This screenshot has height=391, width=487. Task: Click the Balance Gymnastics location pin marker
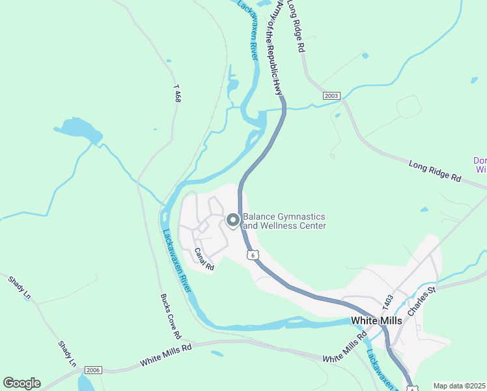click(232, 221)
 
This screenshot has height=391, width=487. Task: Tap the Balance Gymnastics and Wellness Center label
click(284, 222)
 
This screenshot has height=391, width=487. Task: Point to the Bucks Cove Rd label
click(170, 316)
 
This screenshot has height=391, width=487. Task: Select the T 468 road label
click(176, 93)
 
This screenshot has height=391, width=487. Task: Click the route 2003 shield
click(331, 96)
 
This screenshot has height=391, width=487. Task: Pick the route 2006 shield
click(94, 369)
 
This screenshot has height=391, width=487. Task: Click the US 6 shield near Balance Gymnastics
click(252, 255)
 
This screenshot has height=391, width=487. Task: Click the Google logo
click(21, 383)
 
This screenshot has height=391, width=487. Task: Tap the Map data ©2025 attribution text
click(459, 386)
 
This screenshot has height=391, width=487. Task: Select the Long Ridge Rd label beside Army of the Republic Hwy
click(296, 27)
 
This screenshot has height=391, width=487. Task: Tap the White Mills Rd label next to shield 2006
click(166, 357)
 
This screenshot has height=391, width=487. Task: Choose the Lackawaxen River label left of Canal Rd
click(175, 260)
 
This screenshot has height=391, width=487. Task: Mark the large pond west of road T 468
click(78, 128)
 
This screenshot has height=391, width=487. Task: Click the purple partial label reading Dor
click(480, 161)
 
